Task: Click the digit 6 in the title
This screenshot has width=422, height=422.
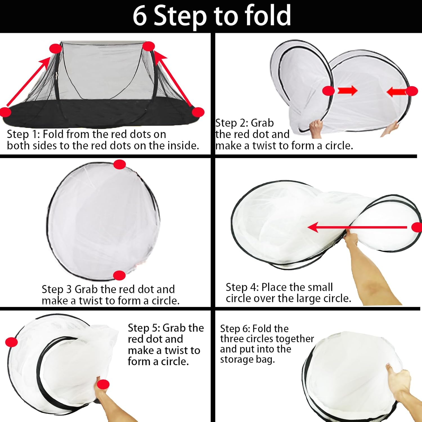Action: click(x=140, y=16)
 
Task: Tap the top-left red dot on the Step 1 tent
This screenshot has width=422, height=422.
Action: click(x=56, y=49)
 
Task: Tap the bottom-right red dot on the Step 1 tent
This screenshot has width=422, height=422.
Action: click(x=198, y=112)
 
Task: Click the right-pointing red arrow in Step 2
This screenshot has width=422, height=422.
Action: click(x=347, y=91)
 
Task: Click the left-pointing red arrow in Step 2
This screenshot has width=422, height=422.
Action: click(x=397, y=91)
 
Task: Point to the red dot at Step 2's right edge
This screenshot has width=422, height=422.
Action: click(x=412, y=91)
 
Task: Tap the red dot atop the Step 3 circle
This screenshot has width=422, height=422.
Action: click(x=120, y=164)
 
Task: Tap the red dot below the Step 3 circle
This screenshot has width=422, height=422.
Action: click(x=119, y=275)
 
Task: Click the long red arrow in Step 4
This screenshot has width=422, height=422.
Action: click(x=357, y=227)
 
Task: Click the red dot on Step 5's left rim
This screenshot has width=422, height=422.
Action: click(x=12, y=342)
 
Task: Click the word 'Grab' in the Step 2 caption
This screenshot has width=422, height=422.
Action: click(x=262, y=123)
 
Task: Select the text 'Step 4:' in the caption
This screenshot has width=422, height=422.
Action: click(x=242, y=287)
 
